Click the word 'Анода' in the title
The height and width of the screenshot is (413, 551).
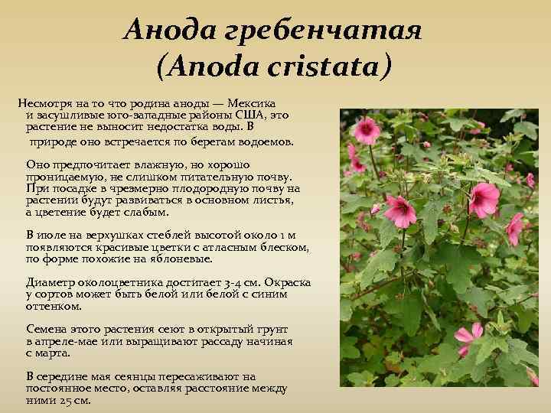(163, 31)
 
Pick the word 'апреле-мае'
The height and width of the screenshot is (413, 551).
(65, 341)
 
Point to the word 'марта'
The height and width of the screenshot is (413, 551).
(54, 353)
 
